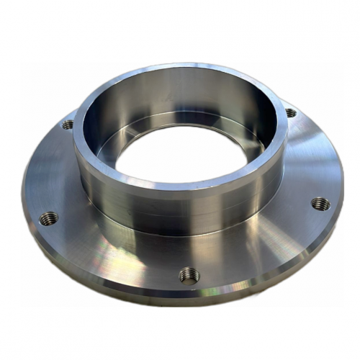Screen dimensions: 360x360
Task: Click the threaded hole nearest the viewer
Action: point(188,274)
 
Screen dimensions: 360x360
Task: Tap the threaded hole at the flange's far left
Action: point(48,217)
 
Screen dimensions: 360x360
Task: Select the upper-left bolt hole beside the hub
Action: point(68,125)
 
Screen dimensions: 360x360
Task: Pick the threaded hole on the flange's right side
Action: point(320,204)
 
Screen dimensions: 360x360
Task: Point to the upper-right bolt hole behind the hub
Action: point(290,113)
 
